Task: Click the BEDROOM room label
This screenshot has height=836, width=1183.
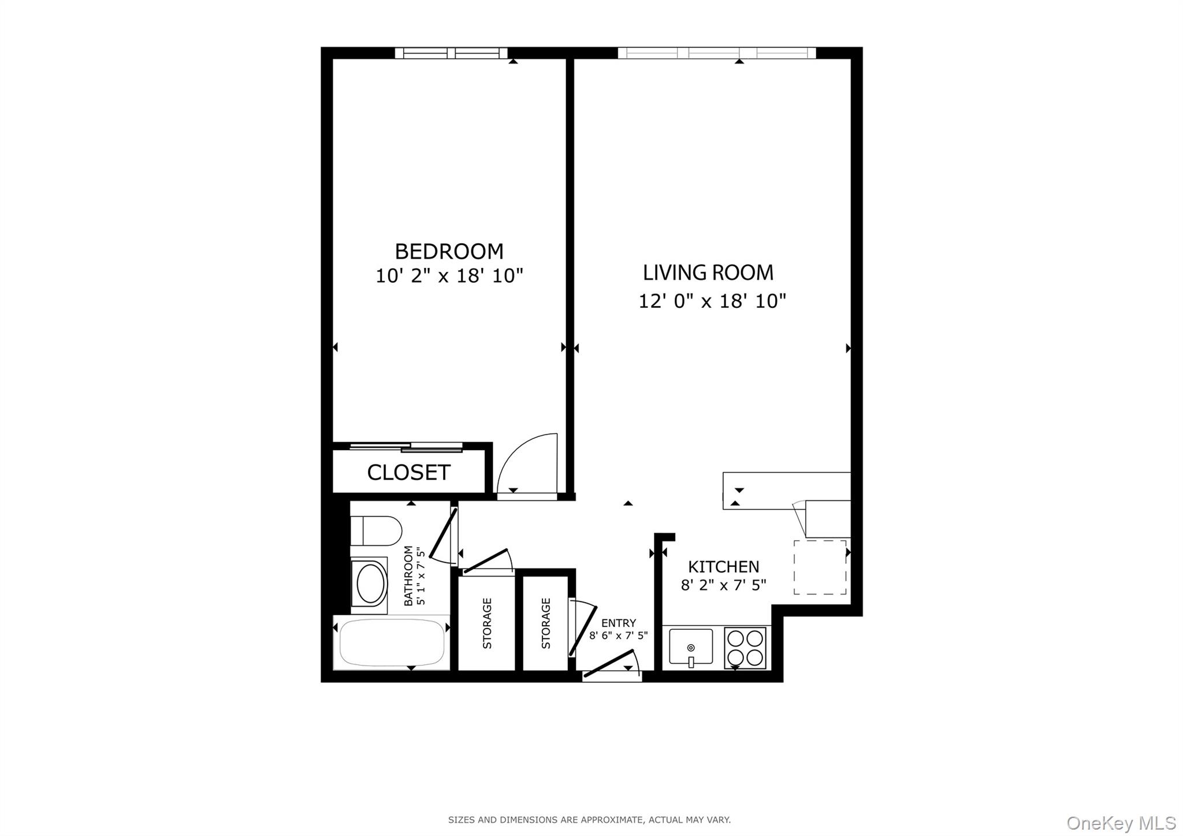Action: coord(449,251)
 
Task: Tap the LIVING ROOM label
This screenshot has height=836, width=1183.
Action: coord(708,273)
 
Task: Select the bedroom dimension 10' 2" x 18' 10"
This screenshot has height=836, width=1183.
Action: coord(449,276)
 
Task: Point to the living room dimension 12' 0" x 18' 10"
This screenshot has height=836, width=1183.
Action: coord(712,301)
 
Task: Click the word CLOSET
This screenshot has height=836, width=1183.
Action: coord(408,473)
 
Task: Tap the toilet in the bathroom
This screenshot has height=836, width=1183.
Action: coord(376,530)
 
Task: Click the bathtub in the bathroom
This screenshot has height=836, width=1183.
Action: coord(392,642)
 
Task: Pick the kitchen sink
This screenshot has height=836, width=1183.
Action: coord(691,646)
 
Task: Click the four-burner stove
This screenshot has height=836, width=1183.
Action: coord(745,648)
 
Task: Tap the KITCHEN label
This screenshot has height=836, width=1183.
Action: coord(723,567)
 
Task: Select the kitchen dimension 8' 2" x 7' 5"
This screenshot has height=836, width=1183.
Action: coord(723,585)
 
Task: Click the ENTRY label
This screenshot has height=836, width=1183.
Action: coord(618,623)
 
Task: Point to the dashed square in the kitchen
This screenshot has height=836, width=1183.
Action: coord(820,567)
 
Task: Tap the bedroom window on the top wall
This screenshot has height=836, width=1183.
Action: coord(451,53)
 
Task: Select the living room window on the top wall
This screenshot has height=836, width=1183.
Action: coord(716,53)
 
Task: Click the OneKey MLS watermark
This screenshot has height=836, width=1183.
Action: coord(1121,823)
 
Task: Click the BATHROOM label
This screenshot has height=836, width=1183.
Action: coord(408,575)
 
